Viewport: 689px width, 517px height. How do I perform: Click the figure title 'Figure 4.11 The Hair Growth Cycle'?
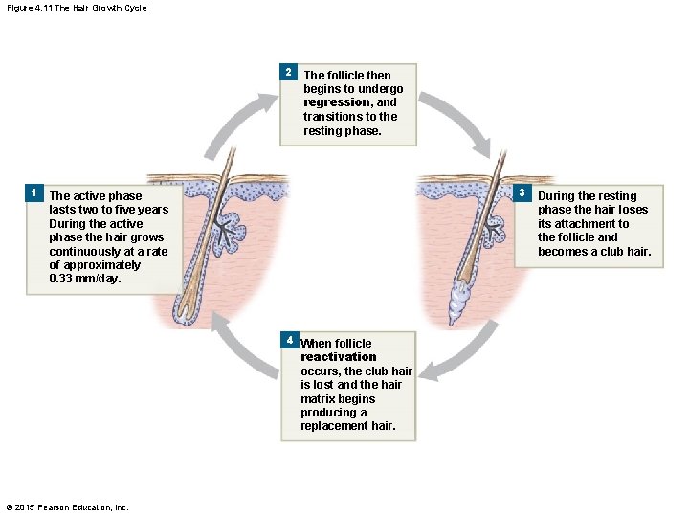tap(74, 9)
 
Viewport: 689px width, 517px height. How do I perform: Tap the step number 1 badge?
tap(33, 193)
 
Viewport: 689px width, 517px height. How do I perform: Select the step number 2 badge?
tap(288, 73)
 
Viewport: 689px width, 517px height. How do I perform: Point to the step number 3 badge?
tap(522, 193)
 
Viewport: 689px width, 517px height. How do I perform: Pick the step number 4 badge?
tap(288, 340)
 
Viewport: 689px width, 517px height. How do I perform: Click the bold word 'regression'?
tap(335, 102)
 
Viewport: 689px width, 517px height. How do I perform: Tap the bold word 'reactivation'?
tap(339, 357)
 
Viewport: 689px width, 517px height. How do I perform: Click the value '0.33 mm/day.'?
tap(84, 279)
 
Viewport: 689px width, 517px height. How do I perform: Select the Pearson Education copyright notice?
tap(67, 506)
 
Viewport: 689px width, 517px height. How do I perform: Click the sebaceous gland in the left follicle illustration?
tap(231, 229)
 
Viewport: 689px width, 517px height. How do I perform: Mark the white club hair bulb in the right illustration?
tap(460, 301)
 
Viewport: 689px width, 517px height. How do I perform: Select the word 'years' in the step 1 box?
tap(153, 210)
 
